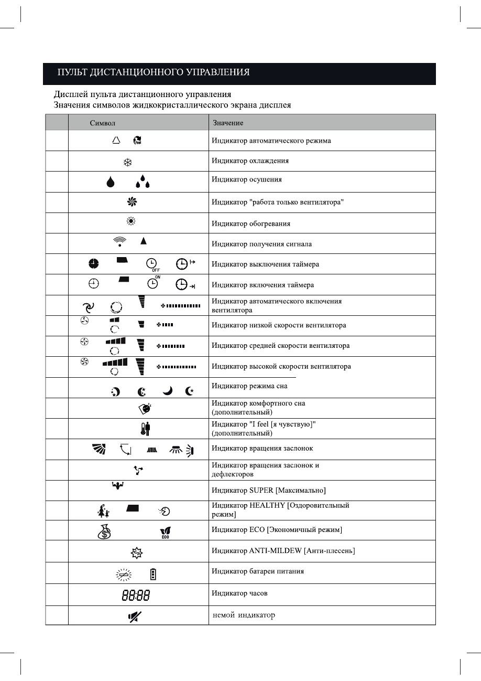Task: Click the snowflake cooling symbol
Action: click(x=127, y=162)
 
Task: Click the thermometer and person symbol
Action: click(x=146, y=429)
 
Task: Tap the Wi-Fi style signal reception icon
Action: click(x=120, y=241)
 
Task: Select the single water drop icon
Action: click(x=110, y=182)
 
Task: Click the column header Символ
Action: click(x=103, y=123)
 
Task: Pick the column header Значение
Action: click(x=228, y=123)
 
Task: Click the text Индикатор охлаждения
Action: click(x=250, y=161)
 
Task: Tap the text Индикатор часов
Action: click(x=239, y=593)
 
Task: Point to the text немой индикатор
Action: click(x=244, y=615)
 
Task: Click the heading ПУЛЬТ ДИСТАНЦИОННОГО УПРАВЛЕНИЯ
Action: click(x=154, y=72)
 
